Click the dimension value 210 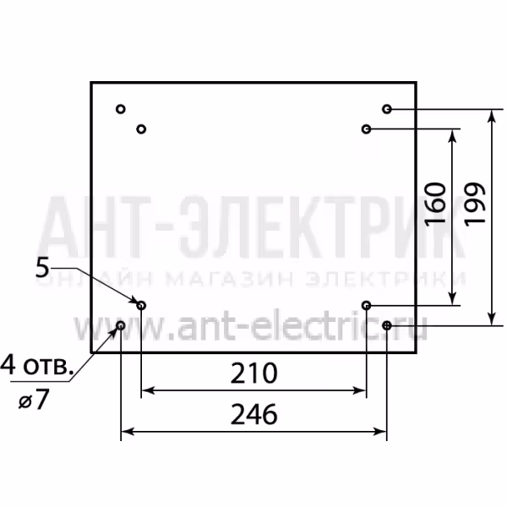tap(253, 373)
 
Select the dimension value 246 tap(253, 414)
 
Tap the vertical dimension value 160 tap(435, 204)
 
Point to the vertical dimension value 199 tap(475, 204)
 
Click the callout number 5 tap(42, 267)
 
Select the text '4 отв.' tap(36, 367)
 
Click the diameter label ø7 tap(34, 400)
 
